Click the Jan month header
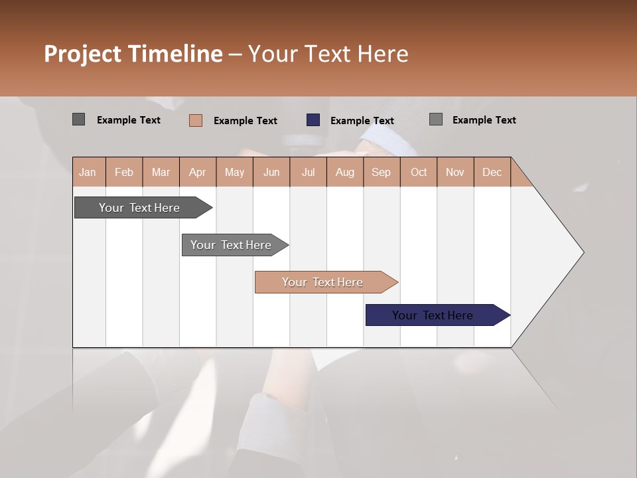88,172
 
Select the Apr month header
197,172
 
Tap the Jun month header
271,172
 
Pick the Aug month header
344,172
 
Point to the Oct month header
419,172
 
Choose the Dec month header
492,172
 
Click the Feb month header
124,172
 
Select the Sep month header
381,172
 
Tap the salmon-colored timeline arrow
323,282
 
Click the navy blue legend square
313,120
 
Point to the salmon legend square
196,120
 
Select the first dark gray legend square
78,119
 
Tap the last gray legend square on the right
436,119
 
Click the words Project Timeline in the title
133,54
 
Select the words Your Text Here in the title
328,54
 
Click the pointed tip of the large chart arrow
582,252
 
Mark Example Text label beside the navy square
362,121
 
